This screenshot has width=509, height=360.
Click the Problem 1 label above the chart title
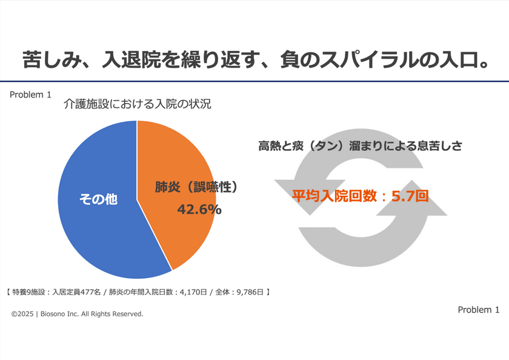(30, 95)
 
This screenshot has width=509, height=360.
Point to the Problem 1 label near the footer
(478, 310)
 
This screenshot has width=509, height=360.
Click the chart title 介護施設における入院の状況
(137, 104)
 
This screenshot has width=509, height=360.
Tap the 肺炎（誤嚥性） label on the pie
(196, 187)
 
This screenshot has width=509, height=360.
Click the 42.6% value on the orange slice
(199, 209)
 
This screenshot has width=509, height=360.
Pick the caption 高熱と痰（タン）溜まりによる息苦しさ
(360, 146)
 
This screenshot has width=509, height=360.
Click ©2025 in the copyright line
(22, 314)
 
